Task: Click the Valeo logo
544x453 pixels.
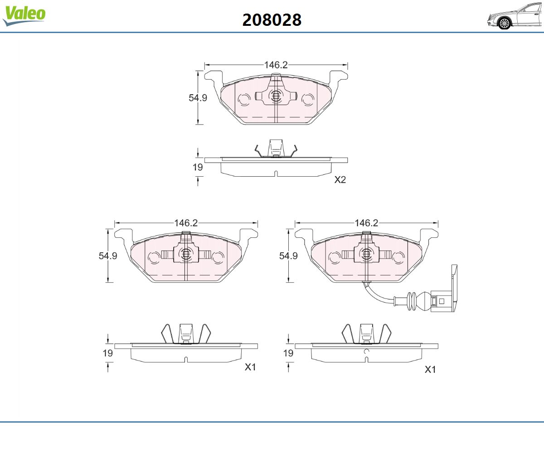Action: [x=24, y=15]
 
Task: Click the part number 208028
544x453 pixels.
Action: [x=272, y=20]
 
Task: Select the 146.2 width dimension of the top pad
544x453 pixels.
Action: [x=276, y=65]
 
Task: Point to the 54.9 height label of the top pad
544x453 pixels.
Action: [x=198, y=98]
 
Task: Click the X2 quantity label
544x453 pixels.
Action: [x=340, y=180]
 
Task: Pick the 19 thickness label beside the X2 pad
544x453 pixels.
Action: [x=198, y=167]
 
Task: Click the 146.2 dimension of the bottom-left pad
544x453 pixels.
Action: [x=186, y=223]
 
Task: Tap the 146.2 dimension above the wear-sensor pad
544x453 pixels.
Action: [x=366, y=223]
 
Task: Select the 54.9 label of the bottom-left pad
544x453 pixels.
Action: [x=108, y=255]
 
